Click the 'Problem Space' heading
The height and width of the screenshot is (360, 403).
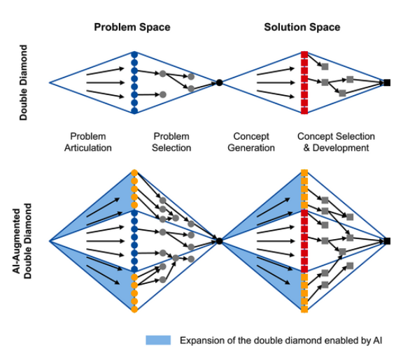coord(132,27)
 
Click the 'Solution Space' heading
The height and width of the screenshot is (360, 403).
coord(302,27)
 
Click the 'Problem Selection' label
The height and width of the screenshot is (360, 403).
coord(171,142)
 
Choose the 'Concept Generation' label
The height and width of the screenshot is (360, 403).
coord(251,142)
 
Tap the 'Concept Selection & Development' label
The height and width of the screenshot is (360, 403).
coord(336,142)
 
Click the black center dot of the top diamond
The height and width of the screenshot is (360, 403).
coord(219,82)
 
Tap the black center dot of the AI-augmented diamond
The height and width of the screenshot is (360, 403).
coord(219,241)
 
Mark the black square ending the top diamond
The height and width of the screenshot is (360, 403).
coord(386,82)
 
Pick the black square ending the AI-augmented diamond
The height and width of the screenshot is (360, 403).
coord(386,241)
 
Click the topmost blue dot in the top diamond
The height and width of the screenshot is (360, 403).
coord(134,54)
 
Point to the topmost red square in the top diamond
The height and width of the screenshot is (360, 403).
coord(304,54)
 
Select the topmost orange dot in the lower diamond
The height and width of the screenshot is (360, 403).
coord(134,172)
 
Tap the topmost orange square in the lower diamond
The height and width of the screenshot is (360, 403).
coord(304,172)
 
